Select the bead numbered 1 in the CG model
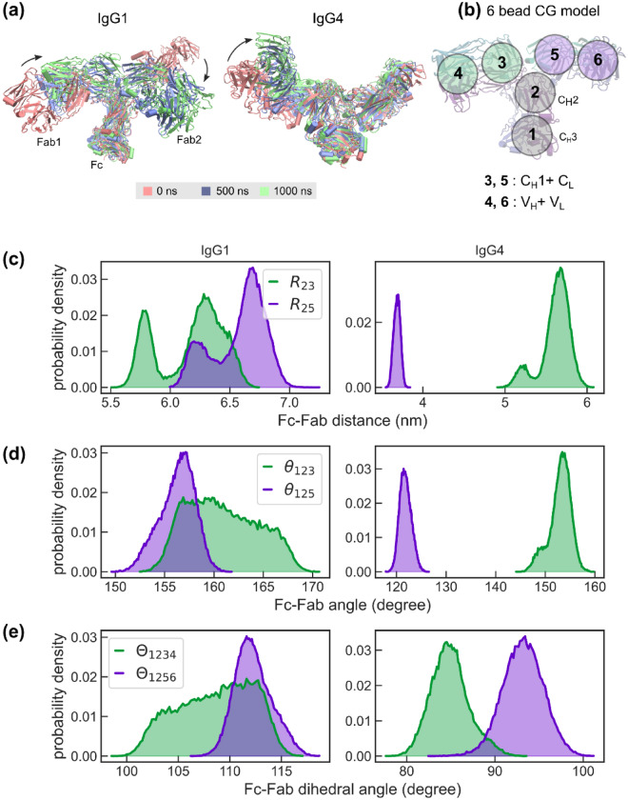[x=533, y=135]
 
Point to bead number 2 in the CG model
[x=536, y=92]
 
